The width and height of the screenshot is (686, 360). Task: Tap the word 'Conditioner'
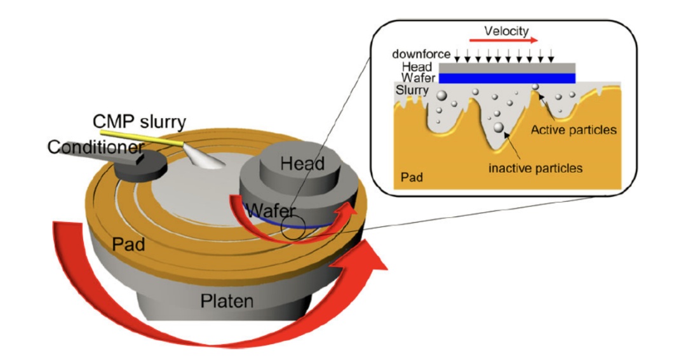click(x=96, y=147)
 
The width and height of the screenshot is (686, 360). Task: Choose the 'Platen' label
click(x=227, y=300)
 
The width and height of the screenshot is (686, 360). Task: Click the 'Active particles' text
click(x=574, y=130)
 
